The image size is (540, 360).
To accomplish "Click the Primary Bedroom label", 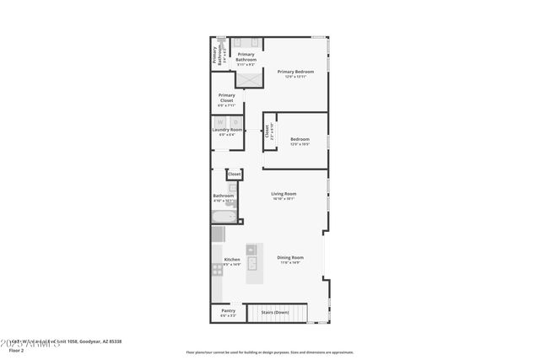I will tap(296, 74).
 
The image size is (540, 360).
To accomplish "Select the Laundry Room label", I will tap(227, 131).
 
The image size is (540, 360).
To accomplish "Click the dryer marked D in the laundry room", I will tap(235, 123).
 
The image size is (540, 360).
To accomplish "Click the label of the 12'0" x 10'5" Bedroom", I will tap(300, 141).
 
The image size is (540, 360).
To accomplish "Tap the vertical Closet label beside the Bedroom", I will tap(269, 132).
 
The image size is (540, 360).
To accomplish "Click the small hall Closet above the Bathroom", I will tap(234, 175).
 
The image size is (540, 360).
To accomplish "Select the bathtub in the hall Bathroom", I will tap(224, 217).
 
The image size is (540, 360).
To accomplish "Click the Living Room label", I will tap(283, 196).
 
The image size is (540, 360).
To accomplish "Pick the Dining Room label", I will tap(289, 259).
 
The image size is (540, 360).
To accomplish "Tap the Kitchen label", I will tap(231, 261).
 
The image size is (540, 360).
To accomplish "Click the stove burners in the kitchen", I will tap(217, 269).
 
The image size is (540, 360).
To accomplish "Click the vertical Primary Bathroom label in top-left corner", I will tap(216, 54).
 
